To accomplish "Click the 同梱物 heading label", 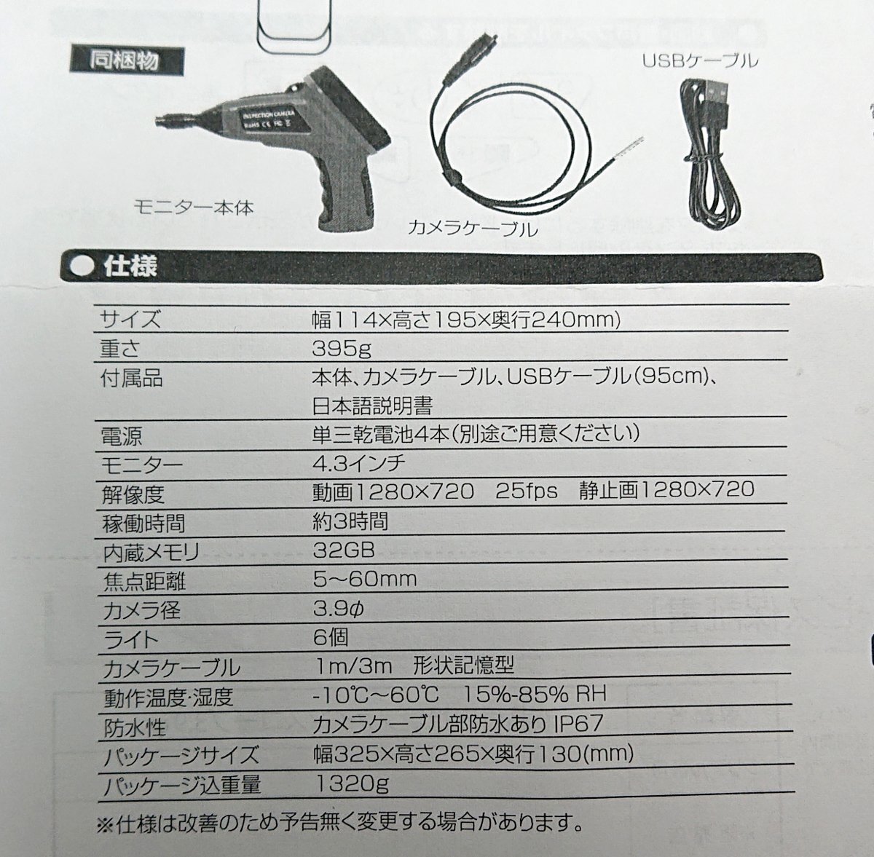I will (x=115, y=59).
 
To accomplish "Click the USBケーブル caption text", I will (x=700, y=60).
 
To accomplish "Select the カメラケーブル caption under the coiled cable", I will (x=473, y=230).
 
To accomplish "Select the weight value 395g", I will (x=341, y=349).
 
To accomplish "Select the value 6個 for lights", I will (x=329, y=637).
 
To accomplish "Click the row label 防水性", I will (x=135, y=727).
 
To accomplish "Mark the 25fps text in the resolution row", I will (x=527, y=490).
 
